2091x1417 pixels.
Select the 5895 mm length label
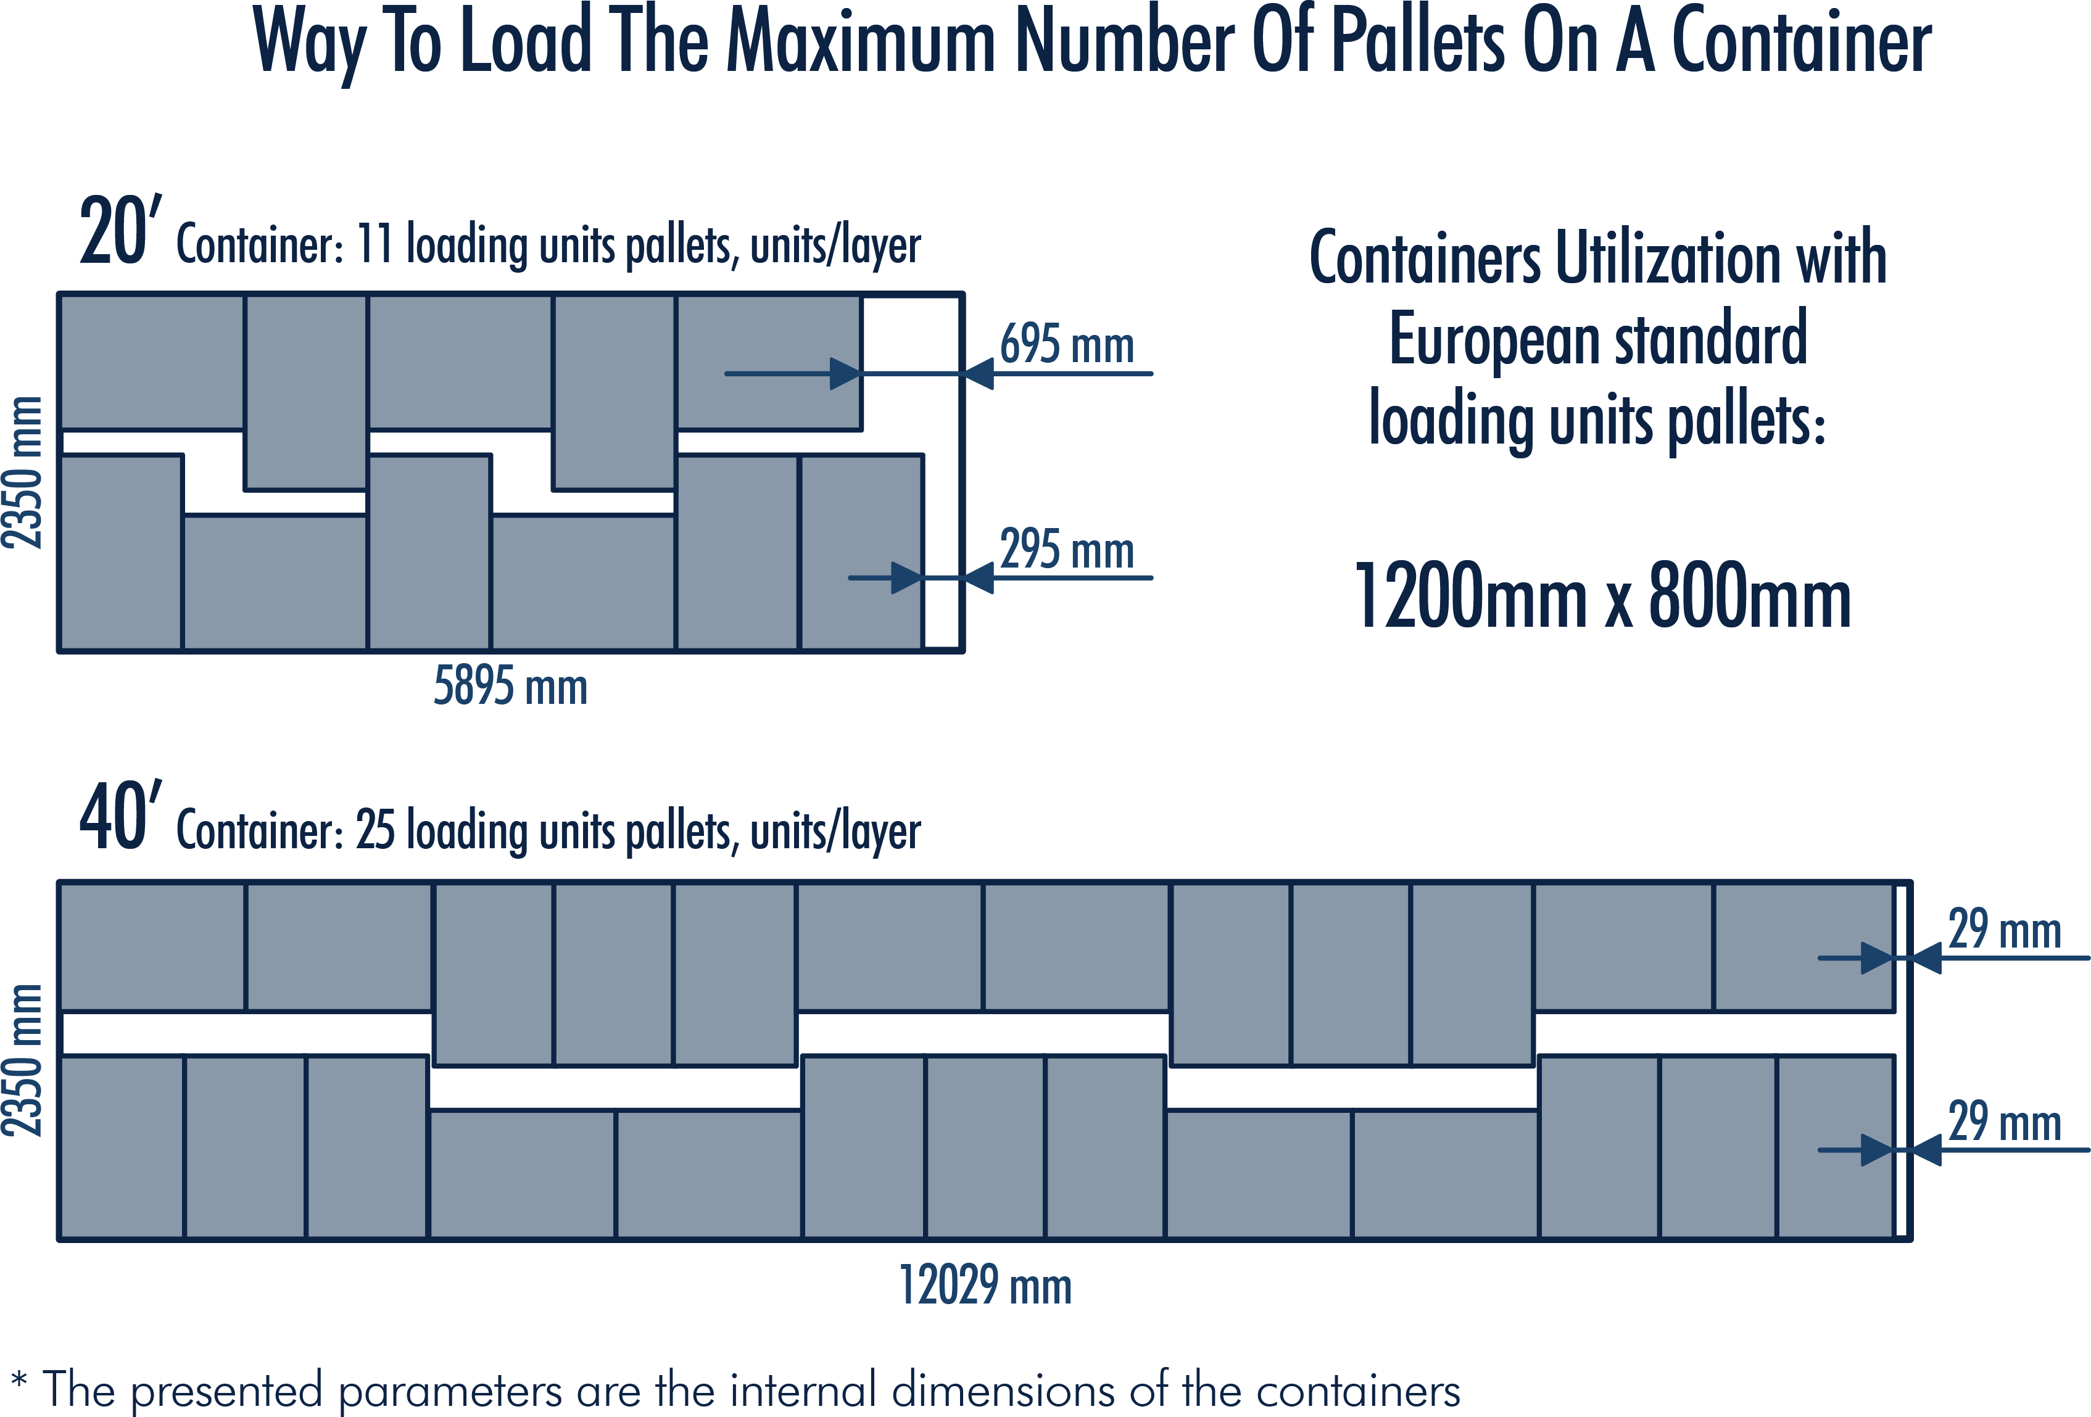coord(510,687)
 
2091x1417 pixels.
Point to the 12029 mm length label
coord(985,1285)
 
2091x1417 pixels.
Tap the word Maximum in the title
coord(859,43)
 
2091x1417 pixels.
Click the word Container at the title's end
coord(1800,43)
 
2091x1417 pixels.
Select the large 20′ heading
coord(120,232)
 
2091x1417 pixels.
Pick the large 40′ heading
coord(120,817)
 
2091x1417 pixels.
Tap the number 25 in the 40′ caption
coord(375,830)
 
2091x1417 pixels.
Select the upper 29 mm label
coord(2004,930)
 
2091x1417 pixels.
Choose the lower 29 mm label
coord(2004,1122)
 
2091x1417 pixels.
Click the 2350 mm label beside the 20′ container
coord(22,473)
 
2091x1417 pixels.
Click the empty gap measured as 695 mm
coord(911,360)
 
